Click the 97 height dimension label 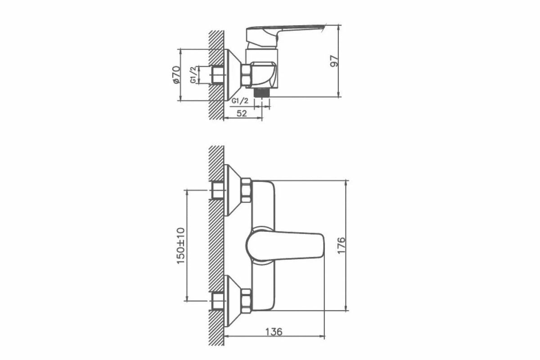[x=334, y=61]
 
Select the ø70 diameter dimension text [x=176, y=75]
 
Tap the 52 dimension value [x=242, y=113]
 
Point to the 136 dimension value [x=274, y=332]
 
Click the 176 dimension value [x=342, y=245]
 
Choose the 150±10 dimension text [x=181, y=246]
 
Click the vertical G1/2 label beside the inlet [x=193, y=75]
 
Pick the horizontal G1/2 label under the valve [x=240, y=101]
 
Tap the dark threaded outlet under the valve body [x=262, y=92]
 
